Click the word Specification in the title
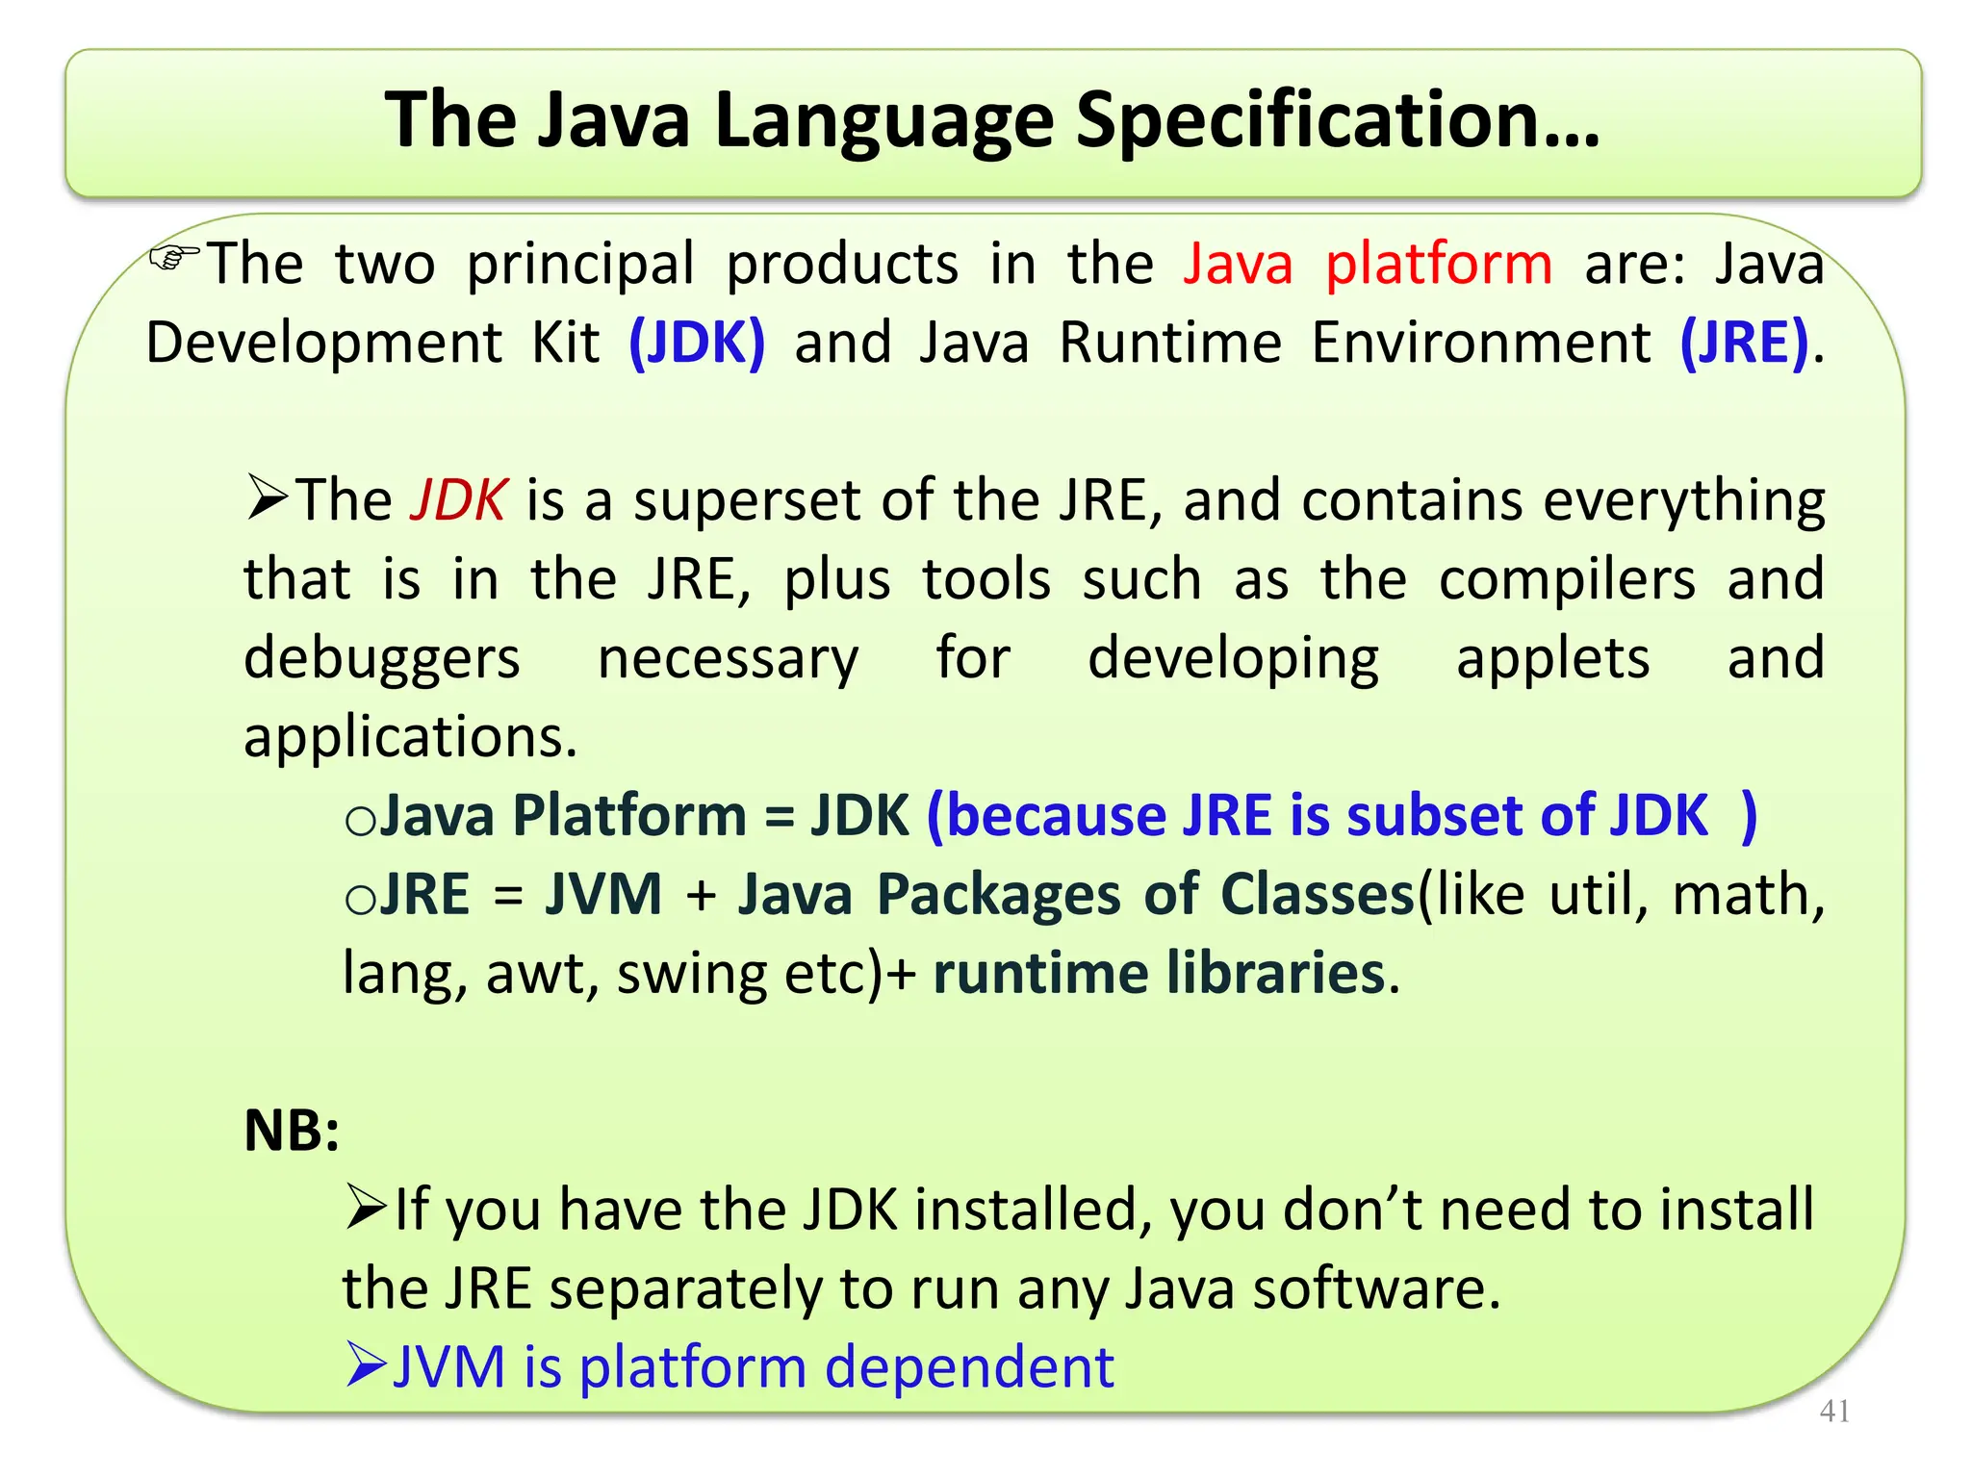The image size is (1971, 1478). [x=1338, y=120]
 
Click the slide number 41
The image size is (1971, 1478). [x=1834, y=1411]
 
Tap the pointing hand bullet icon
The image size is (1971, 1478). [x=173, y=257]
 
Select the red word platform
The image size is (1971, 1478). [x=1439, y=264]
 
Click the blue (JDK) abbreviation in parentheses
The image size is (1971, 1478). [x=697, y=343]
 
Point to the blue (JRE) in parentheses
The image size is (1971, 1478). [x=1744, y=343]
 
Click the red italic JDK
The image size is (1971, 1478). [x=458, y=500]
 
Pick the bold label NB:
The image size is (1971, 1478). [x=292, y=1131]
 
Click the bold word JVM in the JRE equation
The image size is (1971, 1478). [x=603, y=895]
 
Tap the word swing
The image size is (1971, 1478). [x=692, y=974]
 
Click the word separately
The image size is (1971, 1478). [x=686, y=1289]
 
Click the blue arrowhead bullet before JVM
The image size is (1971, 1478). [x=366, y=1365]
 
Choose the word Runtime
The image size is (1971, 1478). [x=1170, y=343]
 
